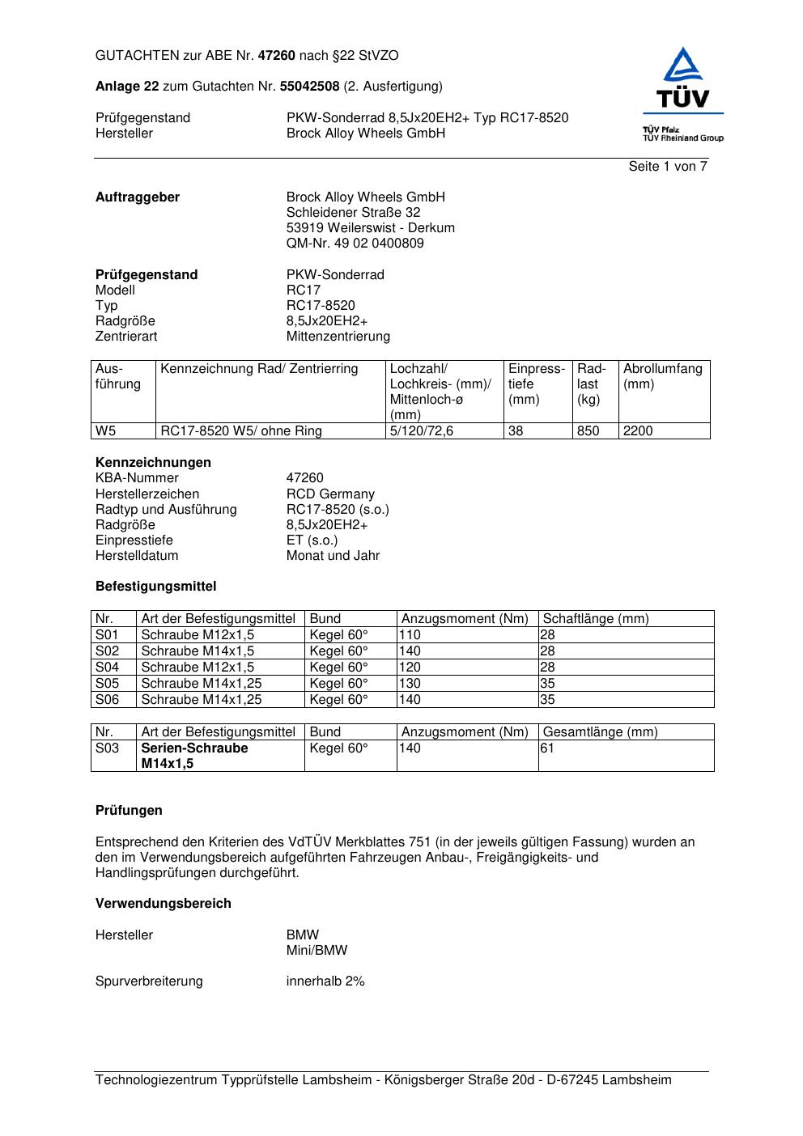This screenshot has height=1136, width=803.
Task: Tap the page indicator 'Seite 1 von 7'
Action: (667, 167)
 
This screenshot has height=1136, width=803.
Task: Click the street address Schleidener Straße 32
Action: (353, 213)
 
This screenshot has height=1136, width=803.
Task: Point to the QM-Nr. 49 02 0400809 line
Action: (355, 244)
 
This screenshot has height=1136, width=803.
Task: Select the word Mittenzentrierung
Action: (338, 337)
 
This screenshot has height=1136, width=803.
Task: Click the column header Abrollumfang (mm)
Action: (662, 376)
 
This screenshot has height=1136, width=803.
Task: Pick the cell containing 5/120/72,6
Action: (421, 431)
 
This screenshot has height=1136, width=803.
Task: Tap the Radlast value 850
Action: (588, 431)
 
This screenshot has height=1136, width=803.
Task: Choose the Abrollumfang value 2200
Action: (637, 431)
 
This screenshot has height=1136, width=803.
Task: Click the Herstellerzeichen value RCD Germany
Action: (330, 494)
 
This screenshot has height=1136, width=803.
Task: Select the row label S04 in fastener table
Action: (107, 668)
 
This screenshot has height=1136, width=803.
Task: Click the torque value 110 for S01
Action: (410, 635)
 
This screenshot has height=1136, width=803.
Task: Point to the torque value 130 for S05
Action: (410, 684)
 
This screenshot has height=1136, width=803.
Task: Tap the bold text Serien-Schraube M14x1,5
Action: (194, 756)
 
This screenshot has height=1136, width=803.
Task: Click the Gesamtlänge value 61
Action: (547, 748)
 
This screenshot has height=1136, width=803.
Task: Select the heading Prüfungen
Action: (129, 811)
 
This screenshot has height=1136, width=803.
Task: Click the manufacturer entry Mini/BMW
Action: (317, 951)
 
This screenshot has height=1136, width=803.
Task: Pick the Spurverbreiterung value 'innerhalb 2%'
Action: (325, 981)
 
